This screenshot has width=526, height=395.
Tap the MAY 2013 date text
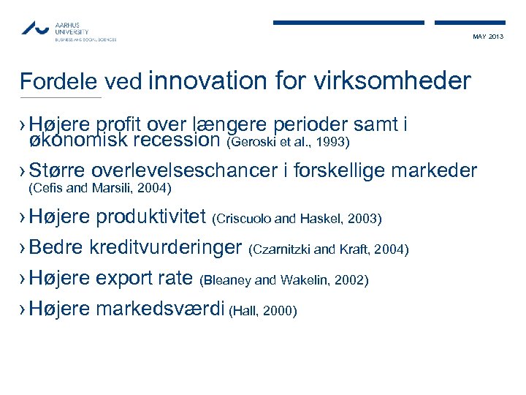click(488, 37)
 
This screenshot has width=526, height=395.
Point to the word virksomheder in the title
click(392, 80)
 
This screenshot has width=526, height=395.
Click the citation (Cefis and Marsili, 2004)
click(99, 189)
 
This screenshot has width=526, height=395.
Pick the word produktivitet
click(151, 217)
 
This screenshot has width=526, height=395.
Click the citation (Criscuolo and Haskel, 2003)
click(297, 219)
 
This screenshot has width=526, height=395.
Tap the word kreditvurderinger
click(165, 248)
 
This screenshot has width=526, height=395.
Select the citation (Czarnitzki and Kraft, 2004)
click(329, 250)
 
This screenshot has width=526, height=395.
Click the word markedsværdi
click(160, 309)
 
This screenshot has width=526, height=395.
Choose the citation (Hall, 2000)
click(263, 312)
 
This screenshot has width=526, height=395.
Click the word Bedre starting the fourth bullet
click(57, 248)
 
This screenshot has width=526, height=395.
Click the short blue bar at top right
click(469, 23)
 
